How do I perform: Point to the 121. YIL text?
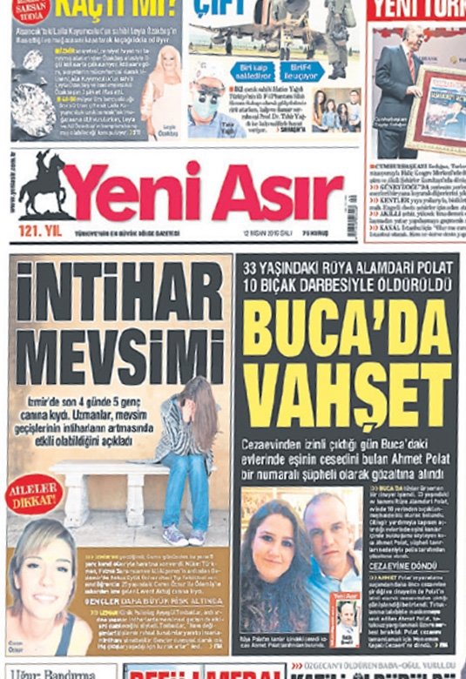[x=39, y=230]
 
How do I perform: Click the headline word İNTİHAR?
[x=120, y=292]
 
